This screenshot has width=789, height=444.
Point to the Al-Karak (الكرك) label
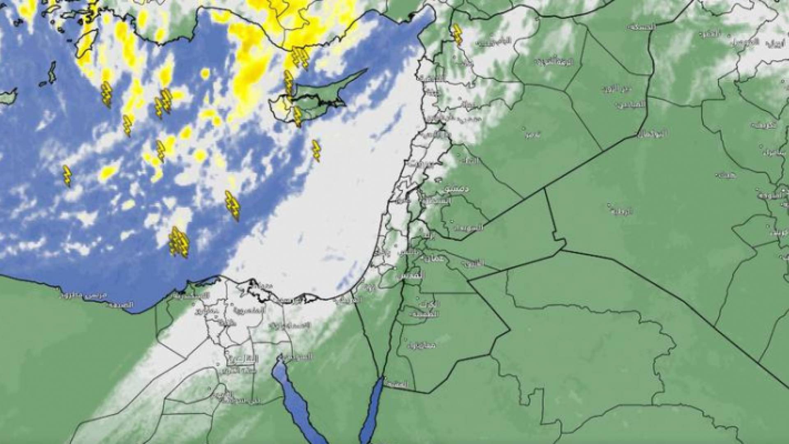click(x=431, y=305)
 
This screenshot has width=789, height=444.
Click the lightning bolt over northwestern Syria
click(x=457, y=35)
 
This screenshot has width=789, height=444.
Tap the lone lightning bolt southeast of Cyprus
click(x=316, y=150)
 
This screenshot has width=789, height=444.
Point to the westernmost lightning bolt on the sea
click(x=67, y=176)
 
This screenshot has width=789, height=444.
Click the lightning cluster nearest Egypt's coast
click(x=178, y=243)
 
